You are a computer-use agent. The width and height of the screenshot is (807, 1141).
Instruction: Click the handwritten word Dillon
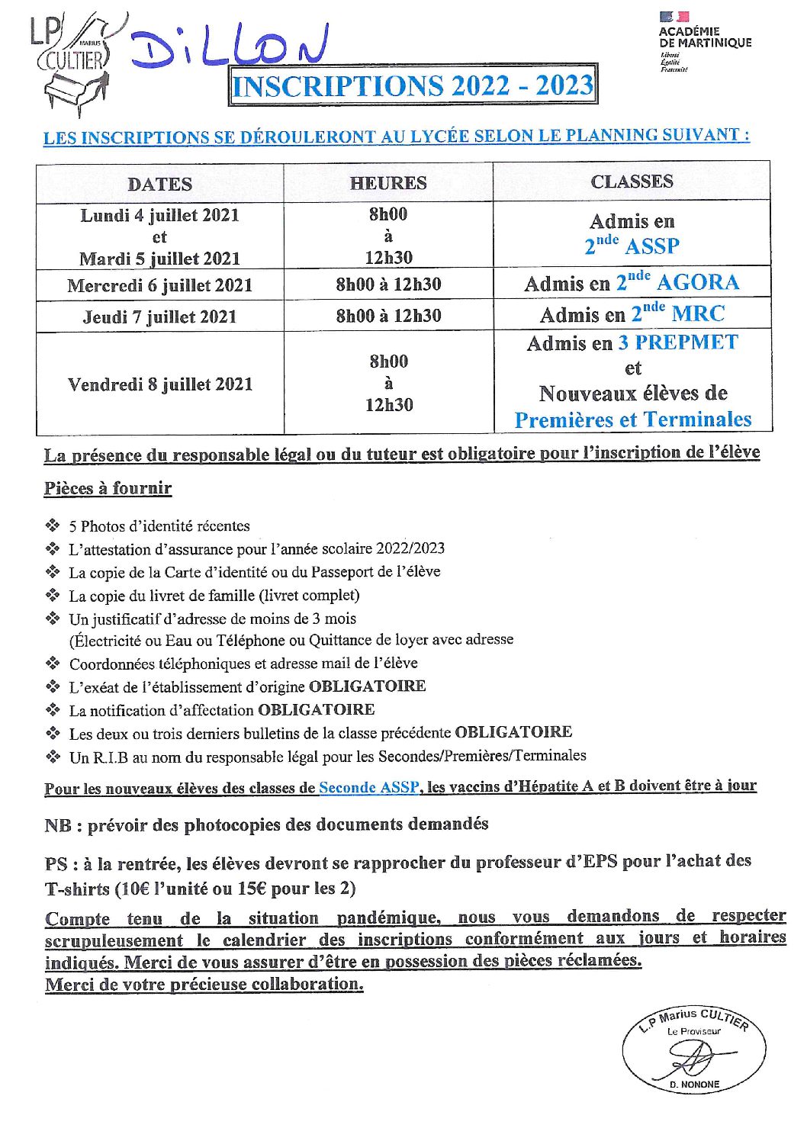pos(229,47)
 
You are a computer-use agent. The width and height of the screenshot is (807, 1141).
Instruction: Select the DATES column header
pos(159,185)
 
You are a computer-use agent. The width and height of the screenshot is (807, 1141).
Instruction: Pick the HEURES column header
pos(388,183)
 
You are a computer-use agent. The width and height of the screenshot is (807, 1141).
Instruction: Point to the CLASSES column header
pos(632,182)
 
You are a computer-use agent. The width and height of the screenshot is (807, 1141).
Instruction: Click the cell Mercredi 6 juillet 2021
pos(159,286)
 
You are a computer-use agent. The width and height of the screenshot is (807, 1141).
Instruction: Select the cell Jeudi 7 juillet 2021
pos(159,317)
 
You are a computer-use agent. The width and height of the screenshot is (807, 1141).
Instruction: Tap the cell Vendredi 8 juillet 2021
pos(159,384)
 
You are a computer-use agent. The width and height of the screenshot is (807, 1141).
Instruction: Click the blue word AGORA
pos(698,283)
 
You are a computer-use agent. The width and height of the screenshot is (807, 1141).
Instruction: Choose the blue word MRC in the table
pos(699,314)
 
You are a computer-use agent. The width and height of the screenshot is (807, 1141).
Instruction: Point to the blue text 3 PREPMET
pos(678,342)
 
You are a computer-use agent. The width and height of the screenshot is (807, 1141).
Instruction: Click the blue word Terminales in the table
pos(696,419)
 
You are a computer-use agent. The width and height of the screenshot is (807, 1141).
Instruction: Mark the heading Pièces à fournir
pos(108,488)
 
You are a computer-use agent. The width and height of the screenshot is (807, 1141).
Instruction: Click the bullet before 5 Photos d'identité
pos(53,526)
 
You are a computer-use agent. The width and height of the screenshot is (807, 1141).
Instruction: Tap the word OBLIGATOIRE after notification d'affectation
pos(317,710)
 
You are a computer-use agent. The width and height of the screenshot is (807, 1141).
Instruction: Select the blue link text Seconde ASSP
pos(368,787)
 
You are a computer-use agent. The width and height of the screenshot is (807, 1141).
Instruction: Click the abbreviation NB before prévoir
pos(58,825)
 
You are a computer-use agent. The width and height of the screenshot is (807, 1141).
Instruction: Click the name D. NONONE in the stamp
pos(694,1085)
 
